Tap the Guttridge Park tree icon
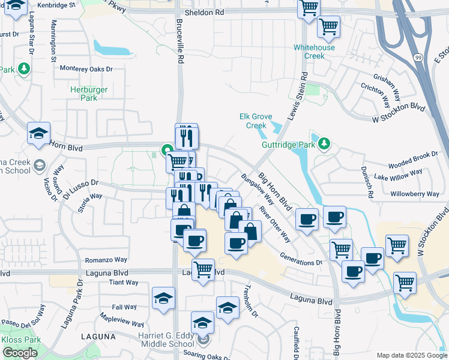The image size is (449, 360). [324, 143]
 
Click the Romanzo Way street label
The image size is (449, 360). [106, 260]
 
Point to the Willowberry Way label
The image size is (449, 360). [415, 194]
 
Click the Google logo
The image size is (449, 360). [20, 353]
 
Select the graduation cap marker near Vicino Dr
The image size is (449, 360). [39, 133]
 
